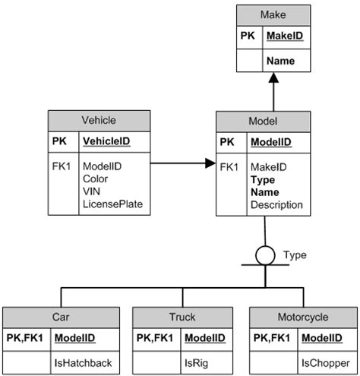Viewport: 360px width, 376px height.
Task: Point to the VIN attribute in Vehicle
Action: click(x=92, y=191)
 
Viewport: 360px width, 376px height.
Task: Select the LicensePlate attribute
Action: click(x=112, y=204)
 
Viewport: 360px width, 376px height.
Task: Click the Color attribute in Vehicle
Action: click(x=96, y=179)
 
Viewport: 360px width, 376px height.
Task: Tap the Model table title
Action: click(x=263, y=121)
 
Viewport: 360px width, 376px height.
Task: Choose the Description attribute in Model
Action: click(x=278, y=204)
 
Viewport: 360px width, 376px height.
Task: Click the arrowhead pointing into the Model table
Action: click(x=210, y=163)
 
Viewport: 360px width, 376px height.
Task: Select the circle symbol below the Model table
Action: click(x=264, y=255)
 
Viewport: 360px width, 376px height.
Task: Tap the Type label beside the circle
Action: click(x=295, y=255)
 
